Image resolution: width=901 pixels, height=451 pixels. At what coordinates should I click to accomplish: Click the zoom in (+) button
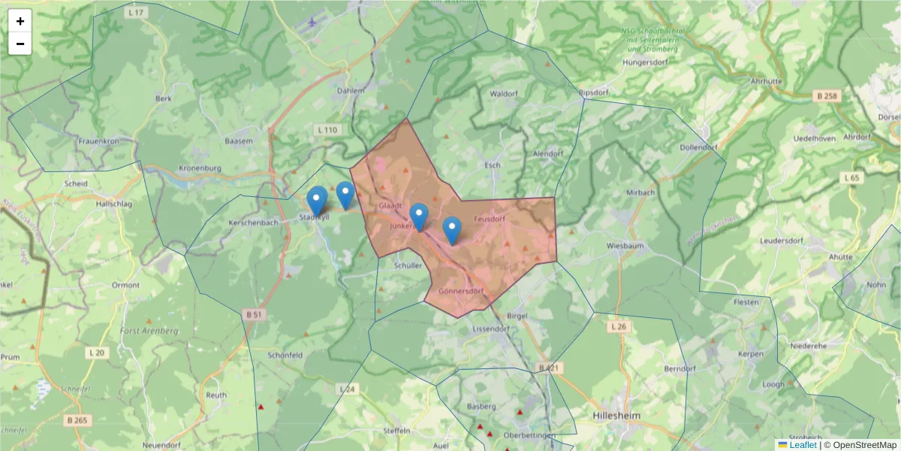click(x=20, y=21)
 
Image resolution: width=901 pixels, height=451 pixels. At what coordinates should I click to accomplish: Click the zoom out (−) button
click(x=20, y=44)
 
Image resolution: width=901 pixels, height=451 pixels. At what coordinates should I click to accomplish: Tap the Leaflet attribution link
click(x=803, y=445)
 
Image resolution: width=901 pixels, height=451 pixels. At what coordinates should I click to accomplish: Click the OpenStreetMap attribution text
click(x=860, y=445)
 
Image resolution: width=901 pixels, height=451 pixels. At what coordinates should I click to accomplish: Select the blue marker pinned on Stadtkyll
click(x=317, y=201)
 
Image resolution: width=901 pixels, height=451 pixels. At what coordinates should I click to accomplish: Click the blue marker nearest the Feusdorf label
click(x=452, y=230)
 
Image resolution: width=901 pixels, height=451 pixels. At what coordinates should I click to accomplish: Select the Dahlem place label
click(x=351, y=91)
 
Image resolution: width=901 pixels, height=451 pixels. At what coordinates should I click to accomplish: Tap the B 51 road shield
click(x=253, y=314)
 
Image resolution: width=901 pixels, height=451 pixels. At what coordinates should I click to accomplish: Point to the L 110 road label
click(x=328, y=130)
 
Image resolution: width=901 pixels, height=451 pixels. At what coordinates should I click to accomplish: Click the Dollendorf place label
click(x=698, y=147)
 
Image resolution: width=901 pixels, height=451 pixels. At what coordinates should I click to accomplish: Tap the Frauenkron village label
click(x=100, y=141)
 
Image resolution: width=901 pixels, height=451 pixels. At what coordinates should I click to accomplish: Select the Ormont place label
click(x=125, y=285)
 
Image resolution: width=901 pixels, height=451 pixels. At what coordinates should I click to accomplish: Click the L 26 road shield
click(x=618, y=327)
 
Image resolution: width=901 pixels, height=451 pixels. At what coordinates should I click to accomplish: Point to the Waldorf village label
click(x=504, y=94)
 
